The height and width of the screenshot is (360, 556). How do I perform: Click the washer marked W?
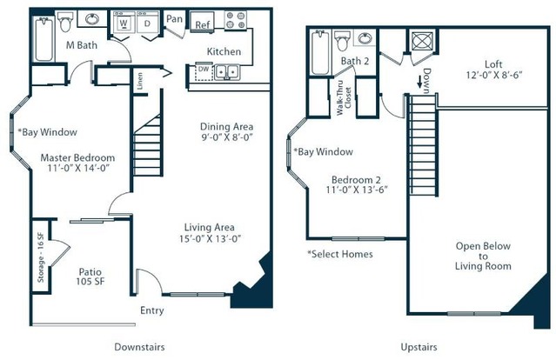click(x=124, y=23)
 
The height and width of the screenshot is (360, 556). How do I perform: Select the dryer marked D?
click(x=148, y=23)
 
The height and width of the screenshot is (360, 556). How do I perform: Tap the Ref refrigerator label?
click(x=203, y=25)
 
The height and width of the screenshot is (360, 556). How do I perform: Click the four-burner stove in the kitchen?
click(x=236, y=20)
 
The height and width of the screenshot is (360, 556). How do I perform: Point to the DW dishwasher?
click(x=204, y=72)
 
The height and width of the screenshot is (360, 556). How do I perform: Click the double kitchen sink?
click(x=227, y=72)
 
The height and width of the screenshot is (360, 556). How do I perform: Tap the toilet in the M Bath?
click(x=65, y=22)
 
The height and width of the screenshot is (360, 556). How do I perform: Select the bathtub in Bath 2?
click(x=320, y=53)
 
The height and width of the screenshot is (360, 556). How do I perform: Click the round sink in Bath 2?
click(x=365, y=38)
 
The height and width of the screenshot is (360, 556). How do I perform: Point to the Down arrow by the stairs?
click(x=420, y=82)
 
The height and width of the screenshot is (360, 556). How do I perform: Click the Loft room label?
click(x=493, y=64)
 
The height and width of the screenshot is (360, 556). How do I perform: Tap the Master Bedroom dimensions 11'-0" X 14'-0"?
click(x=78, y=168)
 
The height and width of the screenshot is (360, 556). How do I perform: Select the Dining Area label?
click(x=226, y=126)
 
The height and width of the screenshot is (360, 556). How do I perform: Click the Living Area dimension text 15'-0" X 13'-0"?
click(x=210, y=238)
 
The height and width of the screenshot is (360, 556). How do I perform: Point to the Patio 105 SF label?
click(x=90, y=277)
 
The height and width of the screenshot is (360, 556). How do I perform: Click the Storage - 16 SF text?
click(x=41, y=257)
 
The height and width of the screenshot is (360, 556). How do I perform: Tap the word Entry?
click(x=152, y=310)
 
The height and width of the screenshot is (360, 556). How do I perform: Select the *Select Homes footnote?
click(x=340, y=254)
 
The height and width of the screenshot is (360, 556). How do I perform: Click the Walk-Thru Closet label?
click(x=344, y=97)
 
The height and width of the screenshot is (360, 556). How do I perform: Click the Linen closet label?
click(x=140, y=81)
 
